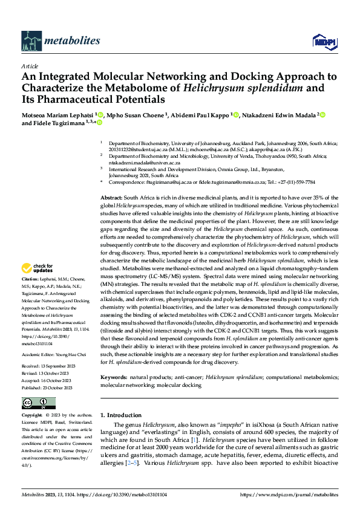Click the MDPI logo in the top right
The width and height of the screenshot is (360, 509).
[x=322, y=41]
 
